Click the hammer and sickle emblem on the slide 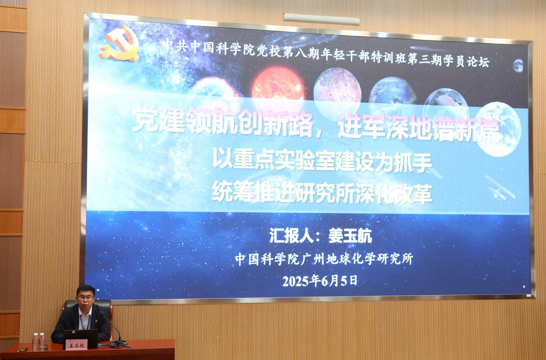[119, 43]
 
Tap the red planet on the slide [278, 84]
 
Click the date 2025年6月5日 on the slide [320, 281]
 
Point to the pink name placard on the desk [76, 345]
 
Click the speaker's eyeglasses [85, 298]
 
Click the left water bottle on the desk [36, 342]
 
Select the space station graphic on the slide [500, 187]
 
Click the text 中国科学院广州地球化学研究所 [324, 259]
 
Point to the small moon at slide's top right [518, 66]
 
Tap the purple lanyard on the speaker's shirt [86, 322]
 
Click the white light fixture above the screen [322, 19]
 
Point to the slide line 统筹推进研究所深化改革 [322, 193]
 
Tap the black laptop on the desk [81, 338]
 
